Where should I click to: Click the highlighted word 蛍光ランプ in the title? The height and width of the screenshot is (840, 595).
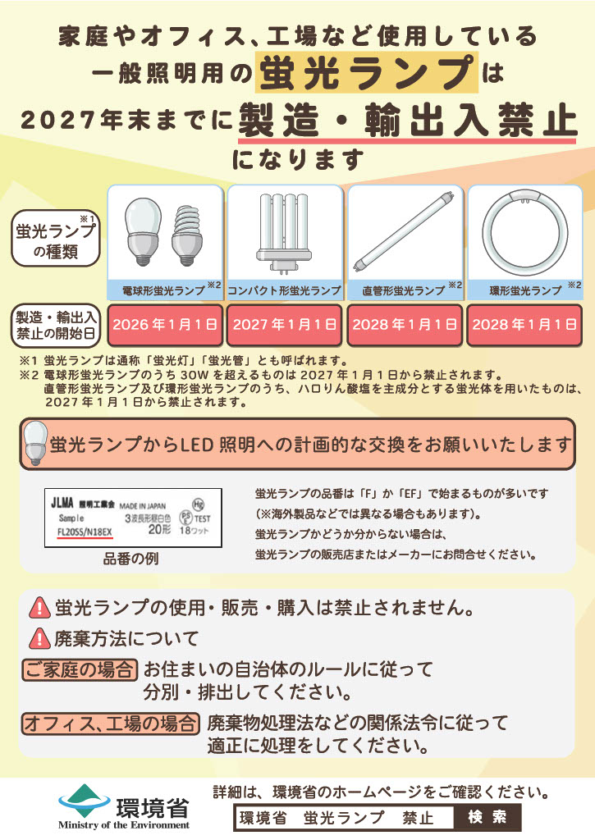(366, 75)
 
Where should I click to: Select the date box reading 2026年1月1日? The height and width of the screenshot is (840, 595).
(165, 324)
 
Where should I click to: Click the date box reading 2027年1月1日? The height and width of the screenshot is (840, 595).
(285, 324)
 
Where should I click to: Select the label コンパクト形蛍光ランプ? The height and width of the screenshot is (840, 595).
(284, 290)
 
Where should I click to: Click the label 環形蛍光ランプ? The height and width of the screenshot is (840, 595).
(520, 290)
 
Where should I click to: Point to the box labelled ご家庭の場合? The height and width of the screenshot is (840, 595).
(80, 669)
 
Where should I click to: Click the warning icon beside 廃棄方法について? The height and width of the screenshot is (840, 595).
(39, 637)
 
